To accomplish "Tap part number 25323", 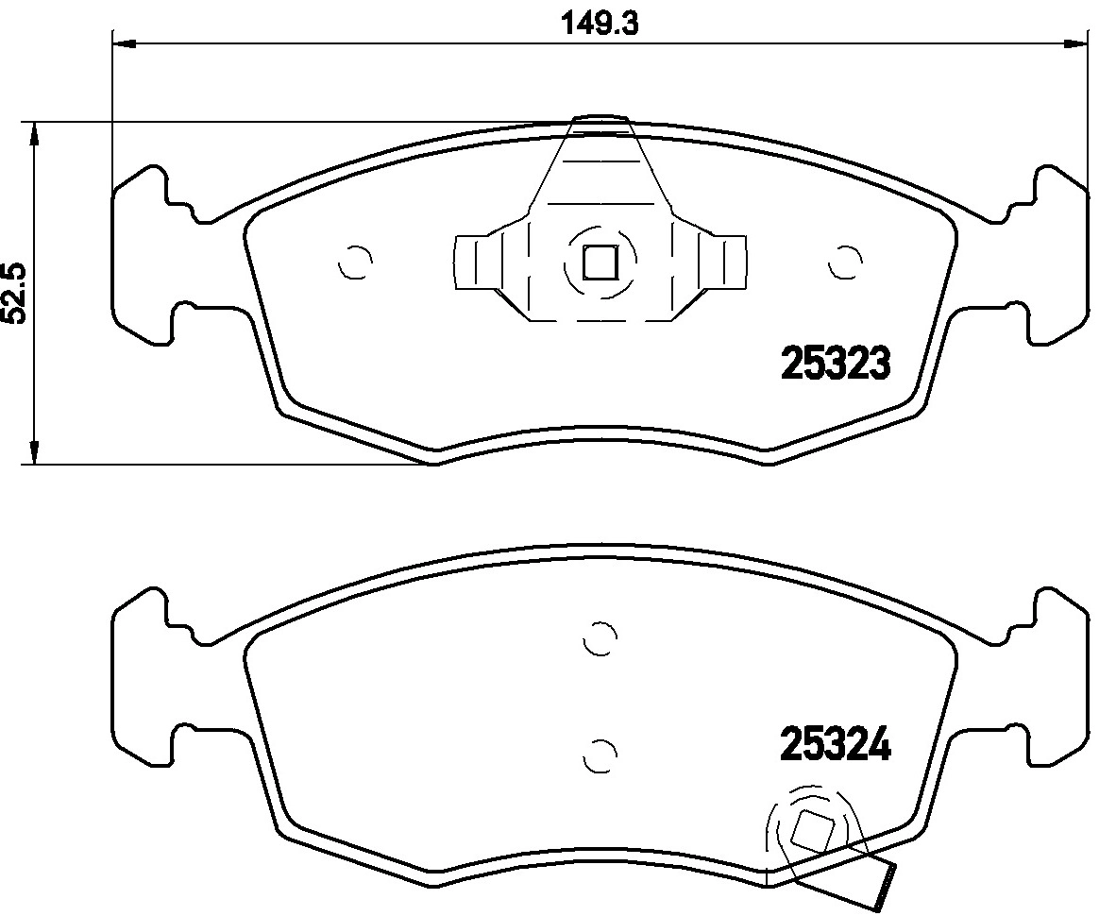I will pyautogui.click(x=835, y=363).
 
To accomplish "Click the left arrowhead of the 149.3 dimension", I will pyautogui.click(x=124, y=42).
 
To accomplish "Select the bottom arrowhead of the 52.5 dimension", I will pyautogui.click(x=35, y=452).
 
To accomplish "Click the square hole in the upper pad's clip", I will pyautogui.click(x=600, y=263).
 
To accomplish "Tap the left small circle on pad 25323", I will pyautogui.click(x=355, y=263).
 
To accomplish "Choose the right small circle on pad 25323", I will pyautogui.click(x=844, y=263).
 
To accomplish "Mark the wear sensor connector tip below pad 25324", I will pyautogui.click(x=885, y=881).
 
